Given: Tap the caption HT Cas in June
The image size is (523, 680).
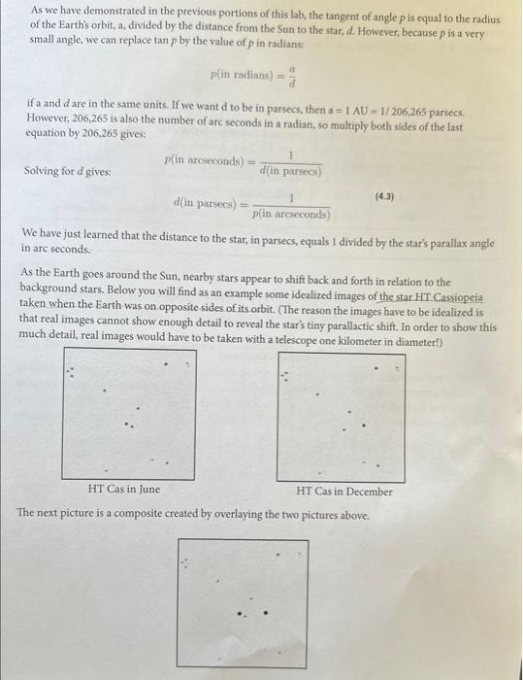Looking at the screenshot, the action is pyautogui.click(x=124, y=490).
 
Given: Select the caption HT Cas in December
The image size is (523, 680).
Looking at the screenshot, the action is pyautogui.click(x=345, y=491).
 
